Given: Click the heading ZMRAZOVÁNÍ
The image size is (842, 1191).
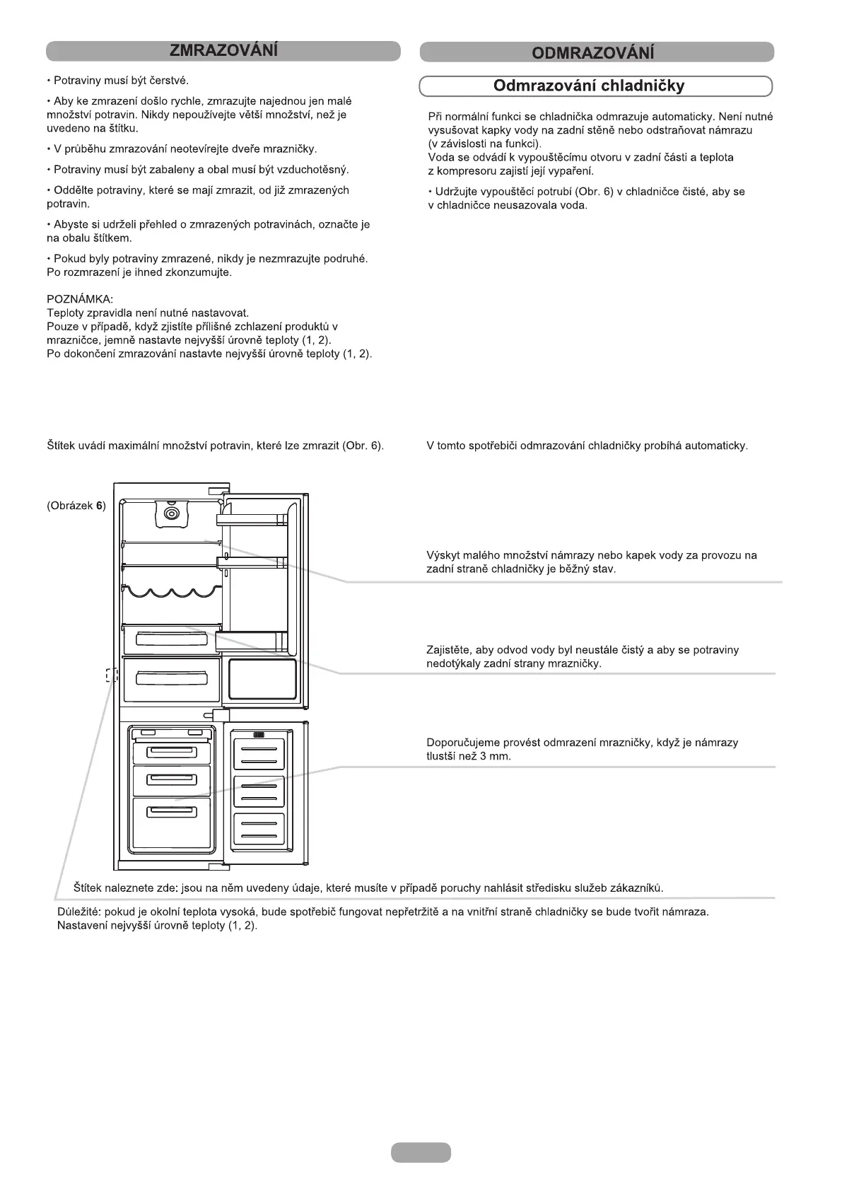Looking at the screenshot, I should [223, 51].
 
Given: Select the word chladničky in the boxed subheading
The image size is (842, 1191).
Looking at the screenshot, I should [643, 86].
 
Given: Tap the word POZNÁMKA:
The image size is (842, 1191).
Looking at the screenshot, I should [80, 299].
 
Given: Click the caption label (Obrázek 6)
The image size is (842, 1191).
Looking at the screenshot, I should [76, 506].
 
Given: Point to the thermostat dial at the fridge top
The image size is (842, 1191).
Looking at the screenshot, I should [172, 514].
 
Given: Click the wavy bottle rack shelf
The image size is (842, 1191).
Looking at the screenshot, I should [172, 591].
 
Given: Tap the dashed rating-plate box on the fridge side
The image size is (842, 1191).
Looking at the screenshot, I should [110, 675].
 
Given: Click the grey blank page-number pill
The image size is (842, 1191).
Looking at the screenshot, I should [421, 1152].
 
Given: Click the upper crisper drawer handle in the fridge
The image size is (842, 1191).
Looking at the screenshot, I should [172, 639].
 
